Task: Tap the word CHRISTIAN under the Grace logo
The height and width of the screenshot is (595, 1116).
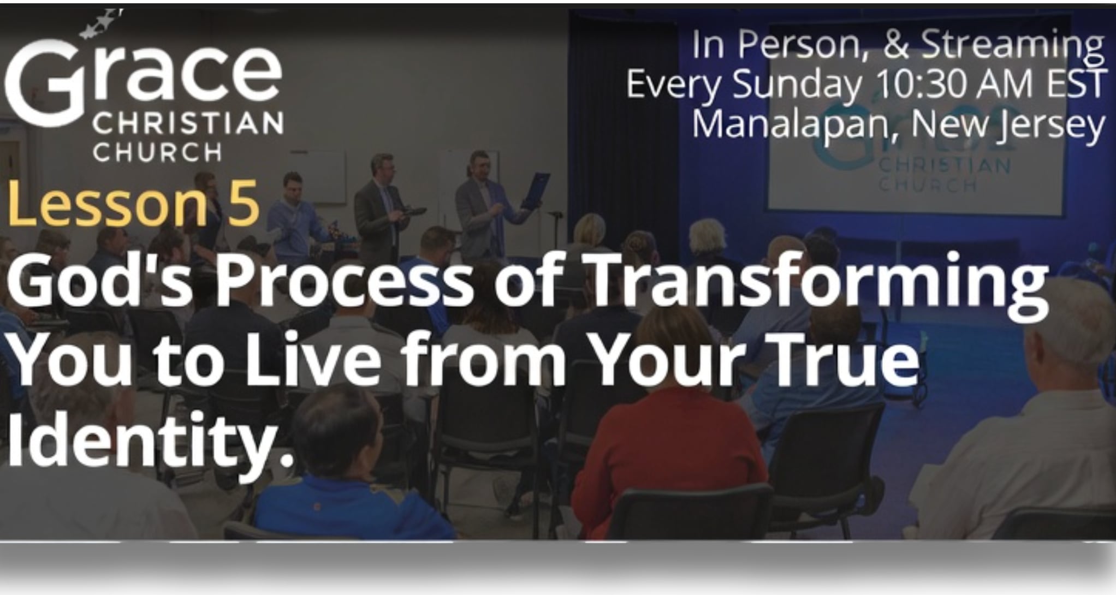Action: (x=188, y=123)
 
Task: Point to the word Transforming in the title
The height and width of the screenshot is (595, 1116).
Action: (x=816, y=285)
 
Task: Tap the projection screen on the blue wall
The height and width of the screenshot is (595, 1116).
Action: (x=917, y=164)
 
